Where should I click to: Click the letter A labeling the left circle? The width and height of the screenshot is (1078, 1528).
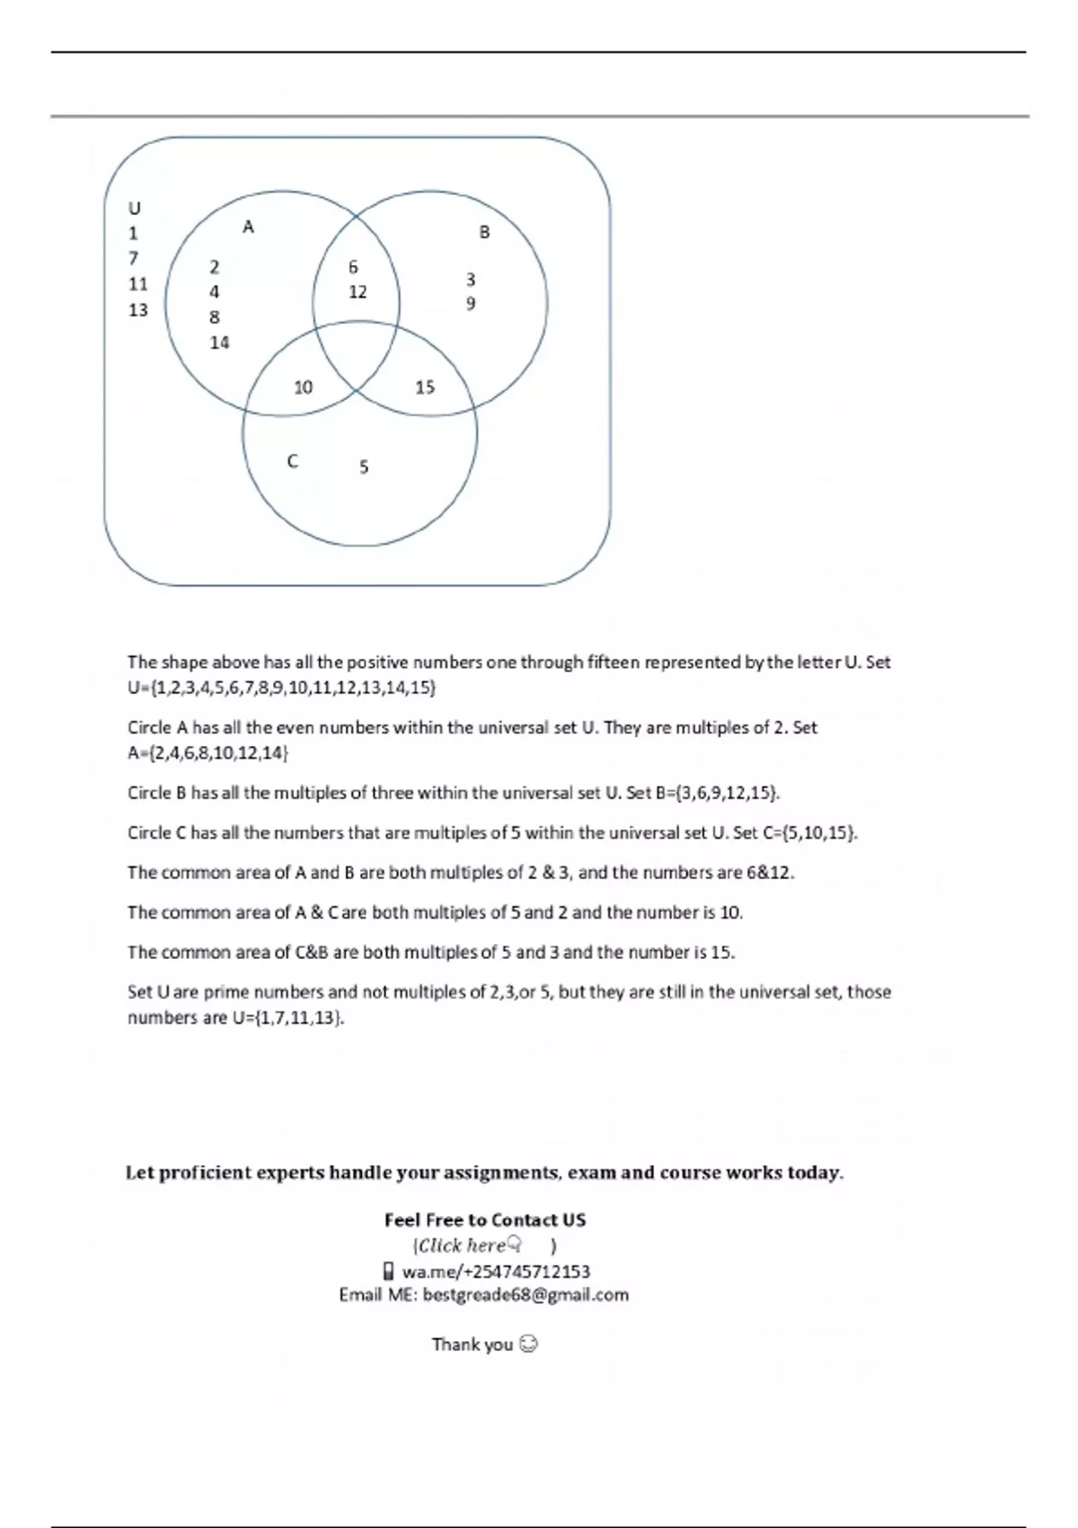click(249, 227)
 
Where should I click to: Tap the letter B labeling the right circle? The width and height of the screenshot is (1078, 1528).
click(484, 233)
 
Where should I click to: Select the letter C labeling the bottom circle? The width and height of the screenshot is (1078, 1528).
click(292, 462)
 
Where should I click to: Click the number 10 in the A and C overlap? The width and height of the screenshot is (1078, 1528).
click(304, 387)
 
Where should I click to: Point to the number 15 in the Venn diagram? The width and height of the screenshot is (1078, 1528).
click(425, 387)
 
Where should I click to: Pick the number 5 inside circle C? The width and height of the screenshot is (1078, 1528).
click(364, 467)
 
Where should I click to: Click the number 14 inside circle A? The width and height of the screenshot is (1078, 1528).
click(220, 342)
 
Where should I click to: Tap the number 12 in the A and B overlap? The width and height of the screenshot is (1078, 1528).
click(358, 292)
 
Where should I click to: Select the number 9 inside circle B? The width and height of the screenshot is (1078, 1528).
click(471, 304)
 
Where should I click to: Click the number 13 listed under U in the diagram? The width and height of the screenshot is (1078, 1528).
click(138, 310)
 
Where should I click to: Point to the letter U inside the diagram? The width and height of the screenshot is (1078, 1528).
click(135, 209)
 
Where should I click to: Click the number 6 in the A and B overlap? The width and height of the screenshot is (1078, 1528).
click(353, 267)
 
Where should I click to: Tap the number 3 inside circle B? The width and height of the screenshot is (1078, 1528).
click(471, 280)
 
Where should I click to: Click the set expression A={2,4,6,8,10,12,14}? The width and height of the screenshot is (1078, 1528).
click(208, 753)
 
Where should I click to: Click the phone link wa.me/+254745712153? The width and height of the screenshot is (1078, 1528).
click(496, 1272)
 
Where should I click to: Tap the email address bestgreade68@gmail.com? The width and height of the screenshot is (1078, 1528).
click(526, 1295)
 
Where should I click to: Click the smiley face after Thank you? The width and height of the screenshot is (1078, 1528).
click(529, 1345)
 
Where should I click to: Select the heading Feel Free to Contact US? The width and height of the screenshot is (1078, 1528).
click(485, 1221)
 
